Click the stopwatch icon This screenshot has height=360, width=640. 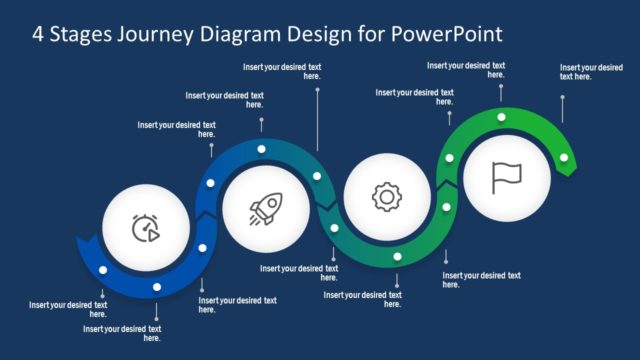point(146,230)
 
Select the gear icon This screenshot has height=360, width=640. point(385,197)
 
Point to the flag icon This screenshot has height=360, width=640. point(506,177)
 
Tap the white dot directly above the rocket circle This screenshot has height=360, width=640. point(261,149)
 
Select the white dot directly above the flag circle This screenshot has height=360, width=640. point(501,117)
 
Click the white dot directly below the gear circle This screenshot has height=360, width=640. point(397,257)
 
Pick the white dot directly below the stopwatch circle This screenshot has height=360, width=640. point(156,288)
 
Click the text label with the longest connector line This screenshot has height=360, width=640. point(283,71)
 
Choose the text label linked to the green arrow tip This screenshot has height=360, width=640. point(590,71)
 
